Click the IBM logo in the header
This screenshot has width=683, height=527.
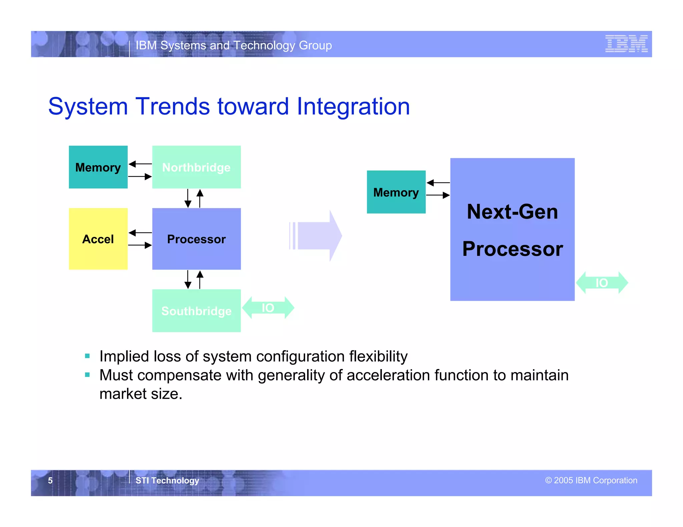tap(626, 44)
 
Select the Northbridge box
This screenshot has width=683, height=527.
tap(196, 167)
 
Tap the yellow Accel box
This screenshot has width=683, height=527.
tap(98, 239)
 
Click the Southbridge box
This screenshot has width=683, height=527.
tap(196, 311)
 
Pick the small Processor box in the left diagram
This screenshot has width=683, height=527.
tap(196, 239)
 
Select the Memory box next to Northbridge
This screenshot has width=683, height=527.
tap(98, 167)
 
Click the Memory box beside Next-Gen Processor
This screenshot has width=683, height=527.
tap(396, 192)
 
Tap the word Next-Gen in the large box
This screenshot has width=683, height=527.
tap(512, 212)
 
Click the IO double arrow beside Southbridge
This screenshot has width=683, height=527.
tap(268, 308)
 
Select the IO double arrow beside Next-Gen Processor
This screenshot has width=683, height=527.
tap(602, 283)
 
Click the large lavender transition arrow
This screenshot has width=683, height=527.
tap(317, 236)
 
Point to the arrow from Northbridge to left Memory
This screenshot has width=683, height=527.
tap(140, 164)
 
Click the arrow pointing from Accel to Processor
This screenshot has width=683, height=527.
tap(140, 246)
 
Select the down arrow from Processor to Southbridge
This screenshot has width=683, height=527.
tap(188, 279)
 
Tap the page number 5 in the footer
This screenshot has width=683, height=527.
tap(50, 480)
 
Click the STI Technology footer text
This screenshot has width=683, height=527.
tap(167, 480)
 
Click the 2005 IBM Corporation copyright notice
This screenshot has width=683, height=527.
tap(591, 480)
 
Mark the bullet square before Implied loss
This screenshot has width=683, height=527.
tap(87, 356)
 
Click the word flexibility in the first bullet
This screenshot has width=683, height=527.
tap(378, 356)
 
